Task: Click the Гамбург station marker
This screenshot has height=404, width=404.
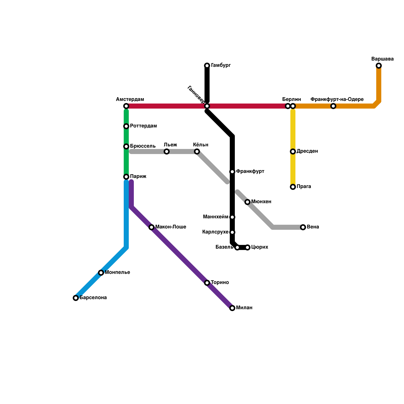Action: (x=207, y=66)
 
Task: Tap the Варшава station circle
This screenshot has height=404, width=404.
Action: (x=379, y=66)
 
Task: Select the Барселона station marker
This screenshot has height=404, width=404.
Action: (x=76, y=298)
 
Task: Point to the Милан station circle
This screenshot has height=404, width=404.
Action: (x=232, y=308)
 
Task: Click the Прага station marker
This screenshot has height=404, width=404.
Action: (x=293, y=187)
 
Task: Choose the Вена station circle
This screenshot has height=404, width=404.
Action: (x=303, y=227)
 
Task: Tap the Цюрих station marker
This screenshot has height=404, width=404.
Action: (x=247, y=247)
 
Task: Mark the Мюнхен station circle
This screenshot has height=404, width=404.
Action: (x=247, y=202)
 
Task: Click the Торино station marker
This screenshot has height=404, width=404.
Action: (x=207, y=283)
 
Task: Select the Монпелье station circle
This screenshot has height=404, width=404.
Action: (x=101, y=273)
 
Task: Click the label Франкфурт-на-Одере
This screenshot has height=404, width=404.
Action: (x=337, y=99)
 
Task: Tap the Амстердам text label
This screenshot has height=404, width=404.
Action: (x=130, y=99)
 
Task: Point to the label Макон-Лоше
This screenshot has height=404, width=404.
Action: (x=171, y=227)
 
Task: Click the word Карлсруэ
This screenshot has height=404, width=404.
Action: (x=215, y=232)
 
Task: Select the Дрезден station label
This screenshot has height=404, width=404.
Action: (x=307, y=151)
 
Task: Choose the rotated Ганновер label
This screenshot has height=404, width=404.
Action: (x=196, y=94)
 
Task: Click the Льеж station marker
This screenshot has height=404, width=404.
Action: (x=167, y=151)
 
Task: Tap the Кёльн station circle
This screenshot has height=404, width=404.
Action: (x=197, y=151)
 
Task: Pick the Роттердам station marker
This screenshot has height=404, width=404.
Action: (x=126, y=126)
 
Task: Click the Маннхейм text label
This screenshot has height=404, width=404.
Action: (x=216, y=217)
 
